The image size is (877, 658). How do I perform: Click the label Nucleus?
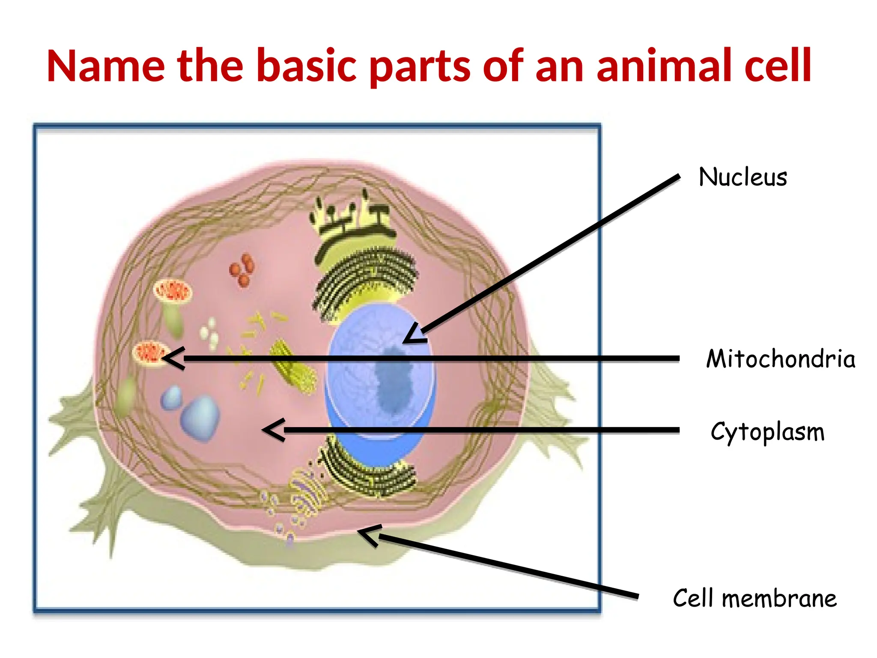pos(743,177)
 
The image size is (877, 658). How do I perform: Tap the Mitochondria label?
pos(780,359)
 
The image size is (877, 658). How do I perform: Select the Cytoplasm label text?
pos(767,432)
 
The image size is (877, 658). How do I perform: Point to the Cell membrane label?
pos(755,598)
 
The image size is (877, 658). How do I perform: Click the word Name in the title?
pos(105,66)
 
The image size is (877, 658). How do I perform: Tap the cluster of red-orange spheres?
pos(242,269)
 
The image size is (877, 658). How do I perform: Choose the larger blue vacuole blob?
pos(200,418)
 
